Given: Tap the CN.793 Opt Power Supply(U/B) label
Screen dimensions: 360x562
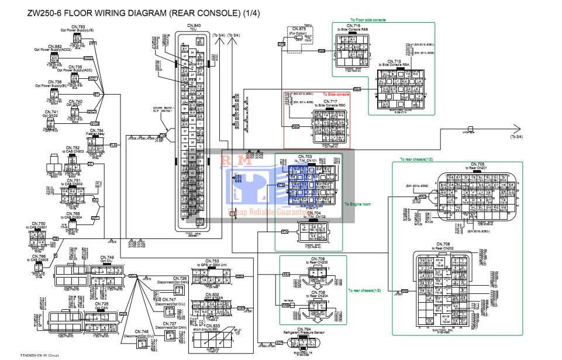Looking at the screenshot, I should (78, 29).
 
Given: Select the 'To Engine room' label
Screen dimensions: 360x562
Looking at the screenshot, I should (358, 205).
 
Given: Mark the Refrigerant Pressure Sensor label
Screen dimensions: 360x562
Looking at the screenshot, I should (304, 333).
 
